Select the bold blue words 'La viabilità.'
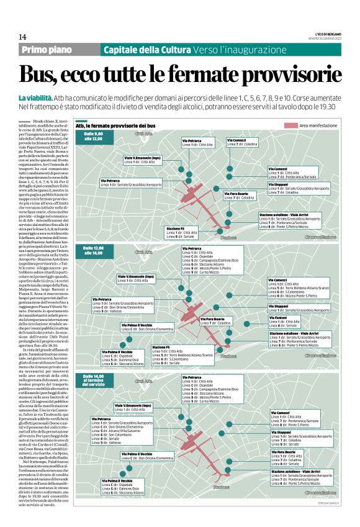click(x=35, y=98)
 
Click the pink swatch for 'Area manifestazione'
click(x=290, y=126)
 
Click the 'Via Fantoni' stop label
click(x=277, y=318)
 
